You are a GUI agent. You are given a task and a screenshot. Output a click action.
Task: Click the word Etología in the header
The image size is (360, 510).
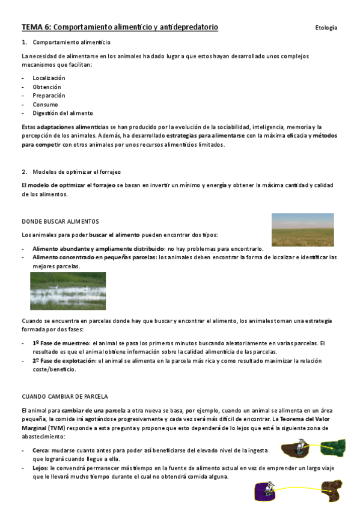pyautogui.click(x=326, y=28)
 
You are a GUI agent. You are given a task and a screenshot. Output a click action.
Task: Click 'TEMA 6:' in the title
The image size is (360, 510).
pyautogui.click(x=37, y=27)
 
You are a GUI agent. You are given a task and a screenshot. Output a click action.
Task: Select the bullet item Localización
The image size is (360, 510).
pyautogui.click(x=49, y=78)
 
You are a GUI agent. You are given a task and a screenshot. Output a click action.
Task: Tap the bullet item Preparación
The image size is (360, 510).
pyautogui.click(x=49, y=96)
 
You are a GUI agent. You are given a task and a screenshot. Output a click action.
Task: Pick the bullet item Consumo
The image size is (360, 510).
pyautogui.click(x=45, y=104)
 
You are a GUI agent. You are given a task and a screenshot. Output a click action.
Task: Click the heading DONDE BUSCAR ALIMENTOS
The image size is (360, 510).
pyautogui.click(x=60, y=221)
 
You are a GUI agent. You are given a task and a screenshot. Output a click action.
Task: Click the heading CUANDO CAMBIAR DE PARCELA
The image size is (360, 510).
pyautogui.click(x=65, y=397)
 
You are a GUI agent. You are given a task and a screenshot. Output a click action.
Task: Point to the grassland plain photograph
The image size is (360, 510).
pyautogui.click(x=302, y=230)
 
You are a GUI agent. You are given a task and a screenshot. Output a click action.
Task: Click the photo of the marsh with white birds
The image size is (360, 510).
pyautogui.click(x=68, y=290)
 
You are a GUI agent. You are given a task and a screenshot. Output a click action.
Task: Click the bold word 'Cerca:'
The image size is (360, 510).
pyautogui.click(x=41, y=449)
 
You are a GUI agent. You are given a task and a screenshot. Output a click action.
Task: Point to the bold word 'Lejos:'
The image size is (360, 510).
pyautogui.click(x=41, y=467)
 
